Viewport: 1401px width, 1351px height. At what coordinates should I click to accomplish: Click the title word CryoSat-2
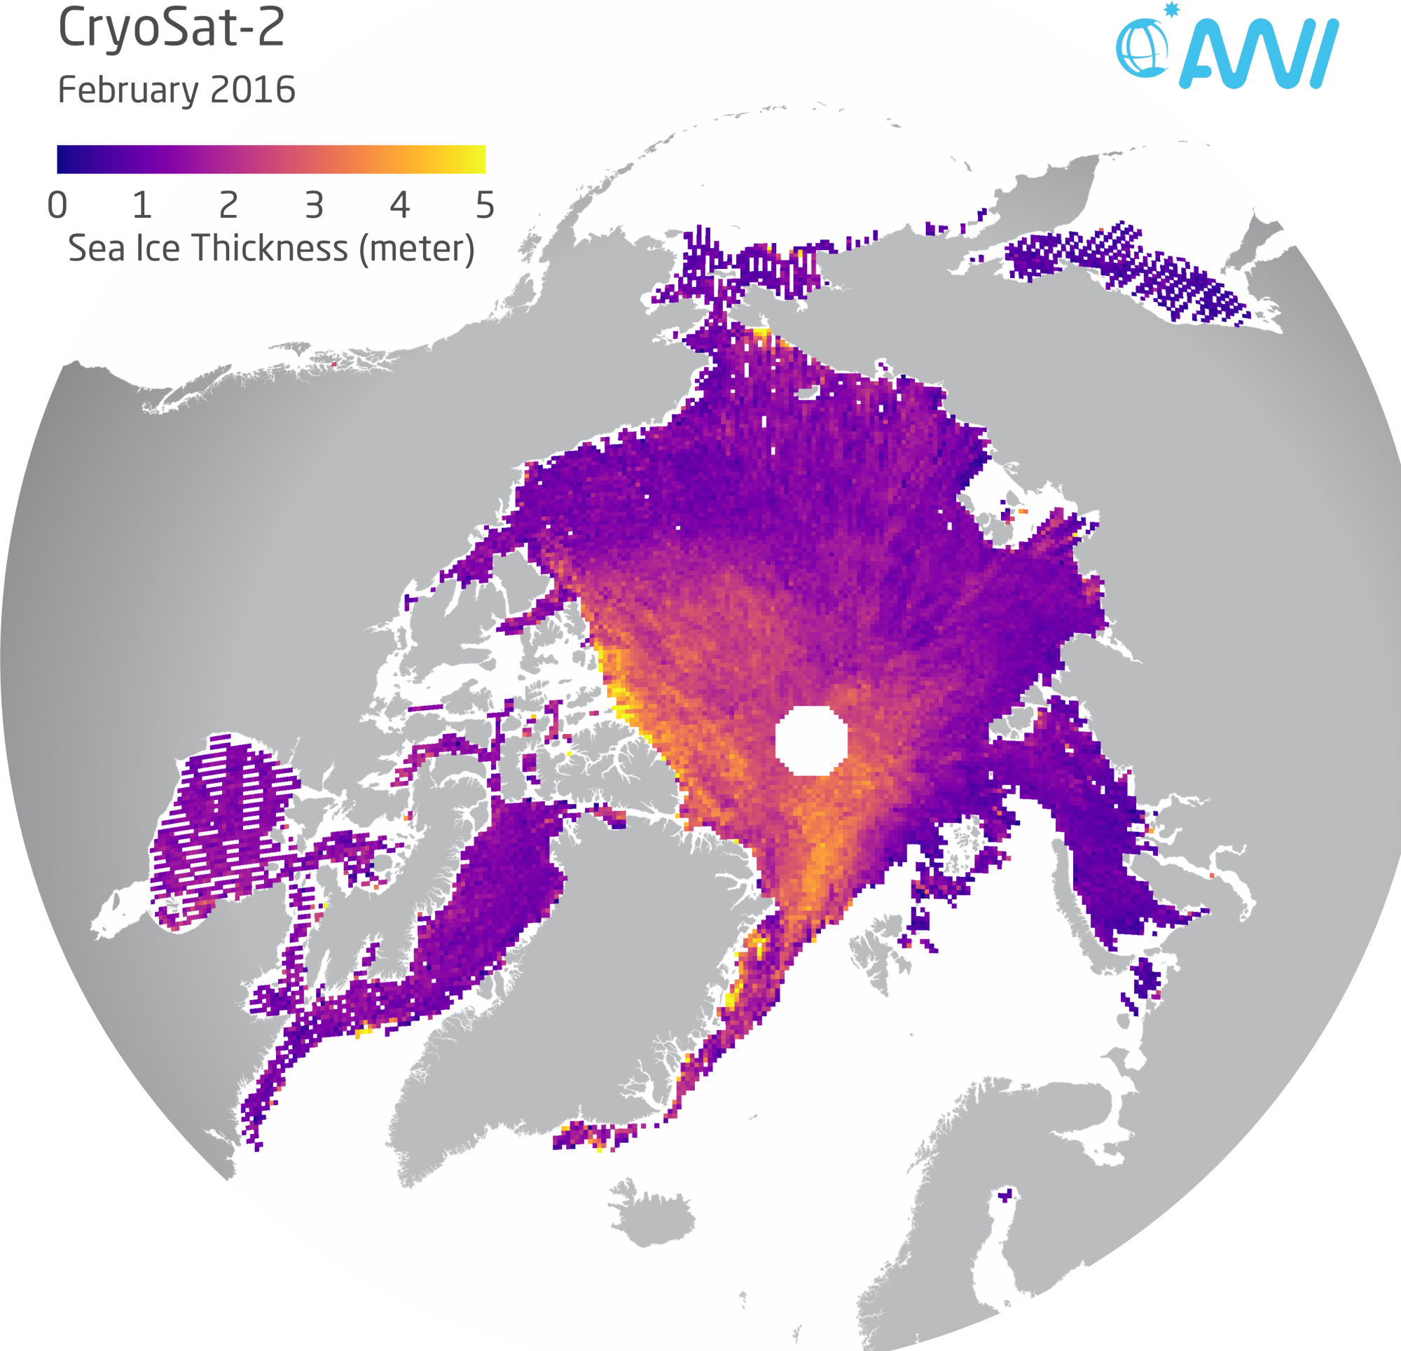click(171, 29)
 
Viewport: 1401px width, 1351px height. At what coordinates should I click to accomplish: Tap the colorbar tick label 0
click(57, 206)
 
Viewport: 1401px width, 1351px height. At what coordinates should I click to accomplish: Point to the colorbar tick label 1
click(142, 206)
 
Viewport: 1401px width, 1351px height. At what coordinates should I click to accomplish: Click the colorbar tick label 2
click(228, 206)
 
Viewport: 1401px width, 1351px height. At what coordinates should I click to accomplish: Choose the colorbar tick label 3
click(314, 206)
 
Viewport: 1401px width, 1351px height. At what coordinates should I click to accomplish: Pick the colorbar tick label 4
click(399, 206)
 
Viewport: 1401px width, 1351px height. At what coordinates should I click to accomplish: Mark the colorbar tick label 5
click(485, 206)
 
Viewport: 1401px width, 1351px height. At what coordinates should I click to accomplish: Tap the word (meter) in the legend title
click(417, 249)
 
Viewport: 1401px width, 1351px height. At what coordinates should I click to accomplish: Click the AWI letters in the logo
click(1258, 55)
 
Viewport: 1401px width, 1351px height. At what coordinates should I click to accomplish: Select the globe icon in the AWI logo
click(1142, 48)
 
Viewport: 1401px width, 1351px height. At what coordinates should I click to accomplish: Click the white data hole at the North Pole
click(810, 740)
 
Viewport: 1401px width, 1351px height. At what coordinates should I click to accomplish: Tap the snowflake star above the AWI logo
click(1171, 9)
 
